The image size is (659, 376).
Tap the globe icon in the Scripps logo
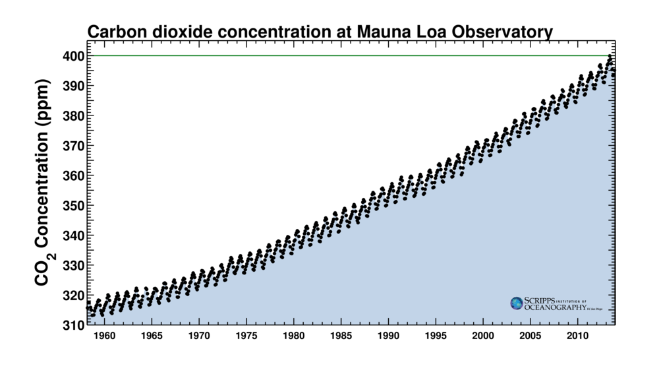coord(517,303)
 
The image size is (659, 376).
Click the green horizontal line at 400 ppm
coord(329,55)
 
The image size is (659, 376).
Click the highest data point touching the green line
coord(610,57)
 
